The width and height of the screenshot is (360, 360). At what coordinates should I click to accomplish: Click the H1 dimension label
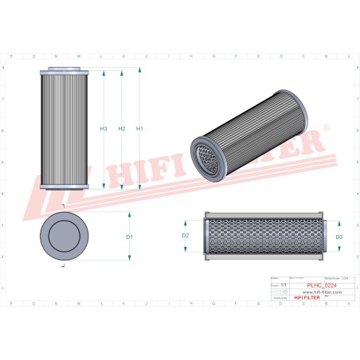click(139, 128)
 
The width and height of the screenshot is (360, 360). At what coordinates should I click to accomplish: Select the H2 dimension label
click(121, 128)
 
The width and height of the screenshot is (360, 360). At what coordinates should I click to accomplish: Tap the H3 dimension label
click(104, 128)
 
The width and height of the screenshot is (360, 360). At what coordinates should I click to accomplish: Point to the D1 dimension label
click(129, 237)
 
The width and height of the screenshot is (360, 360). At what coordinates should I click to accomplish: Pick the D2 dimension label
click(185, 236)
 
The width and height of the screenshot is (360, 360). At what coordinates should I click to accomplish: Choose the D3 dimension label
click(338, 237)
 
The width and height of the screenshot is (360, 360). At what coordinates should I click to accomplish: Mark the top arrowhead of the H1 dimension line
click(139, 71)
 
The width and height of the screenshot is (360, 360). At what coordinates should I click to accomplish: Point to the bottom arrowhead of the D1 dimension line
click(129, 258)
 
